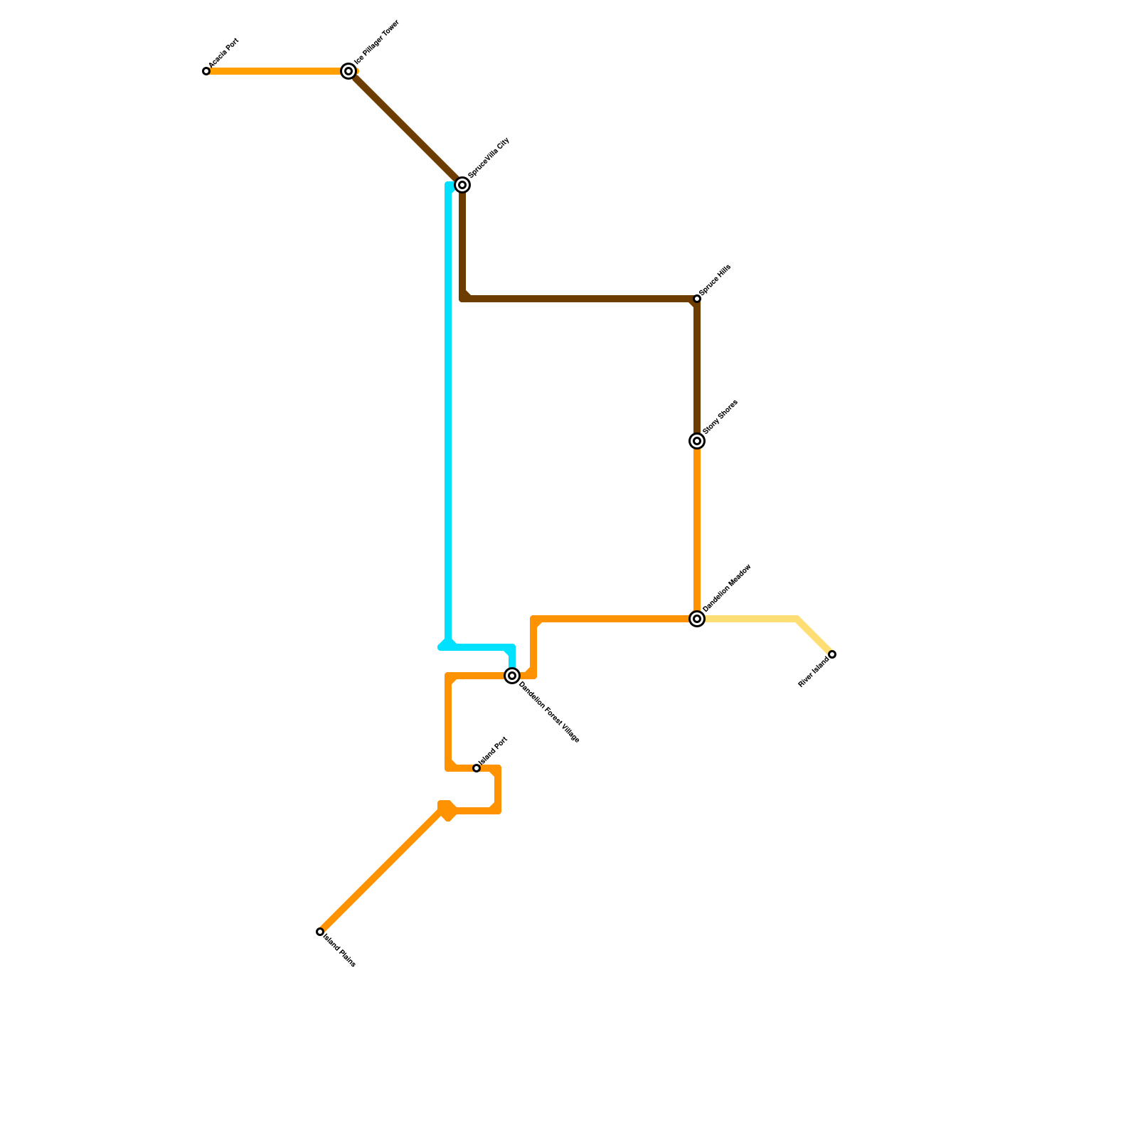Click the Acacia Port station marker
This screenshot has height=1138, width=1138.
click(206, 71)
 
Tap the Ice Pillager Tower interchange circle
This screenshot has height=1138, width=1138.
click(349, 71)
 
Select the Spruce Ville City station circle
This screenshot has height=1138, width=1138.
click(462, 185)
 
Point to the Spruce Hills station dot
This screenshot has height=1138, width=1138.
click(697, 299)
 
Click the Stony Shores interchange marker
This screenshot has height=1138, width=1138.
click(697, 441)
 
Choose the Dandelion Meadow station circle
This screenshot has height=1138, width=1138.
click(697, 619)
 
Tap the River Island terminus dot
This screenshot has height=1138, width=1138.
click(832, 654)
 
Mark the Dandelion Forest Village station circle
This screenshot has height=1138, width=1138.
click(512, 676)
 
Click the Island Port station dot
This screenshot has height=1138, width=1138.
click(477, 768)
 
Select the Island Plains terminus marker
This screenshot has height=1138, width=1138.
click(320, 932)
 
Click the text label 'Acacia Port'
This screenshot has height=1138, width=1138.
click(223, 53)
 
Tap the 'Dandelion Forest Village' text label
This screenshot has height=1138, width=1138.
click(549, 712)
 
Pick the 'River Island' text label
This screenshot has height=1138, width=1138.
click(813, 673)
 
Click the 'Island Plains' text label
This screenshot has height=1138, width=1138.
click(339, 950)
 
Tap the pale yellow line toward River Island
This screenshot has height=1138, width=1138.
click(754, 619)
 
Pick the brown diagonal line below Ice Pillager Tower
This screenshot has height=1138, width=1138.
click(405, 128)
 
